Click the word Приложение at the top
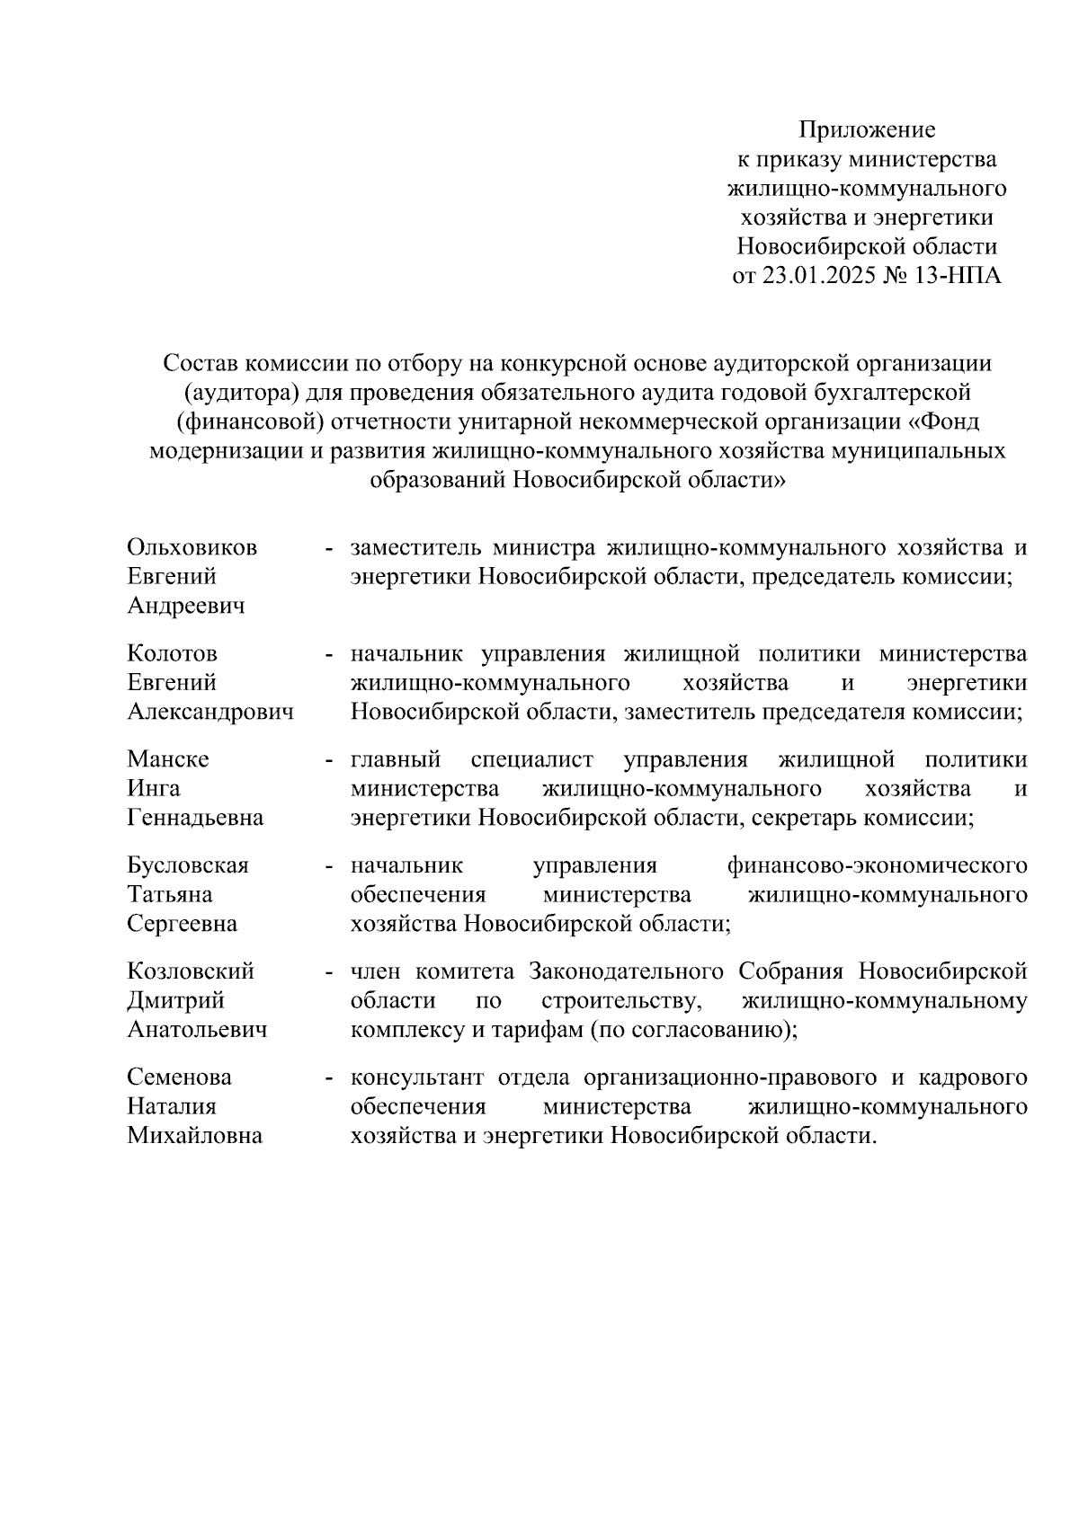(x=868, y=130)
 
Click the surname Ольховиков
(x=192, y=547)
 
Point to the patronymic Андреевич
(x=185, y=607)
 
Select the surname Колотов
(x=172, y=653)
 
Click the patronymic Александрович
(x=210, y=713)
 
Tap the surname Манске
(x=167, y=759)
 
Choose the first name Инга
(x=153, y=788)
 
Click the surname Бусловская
(x=187, y=865)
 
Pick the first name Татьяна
(x=169, y=894)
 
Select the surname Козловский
(x=190, y=971)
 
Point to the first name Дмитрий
(x=175, y=1000)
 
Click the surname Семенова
(x=179, y=1077)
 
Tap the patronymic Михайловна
(x=194, y=1136)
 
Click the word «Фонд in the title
(x=947, y=421)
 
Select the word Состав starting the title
(x=200, y=363)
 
